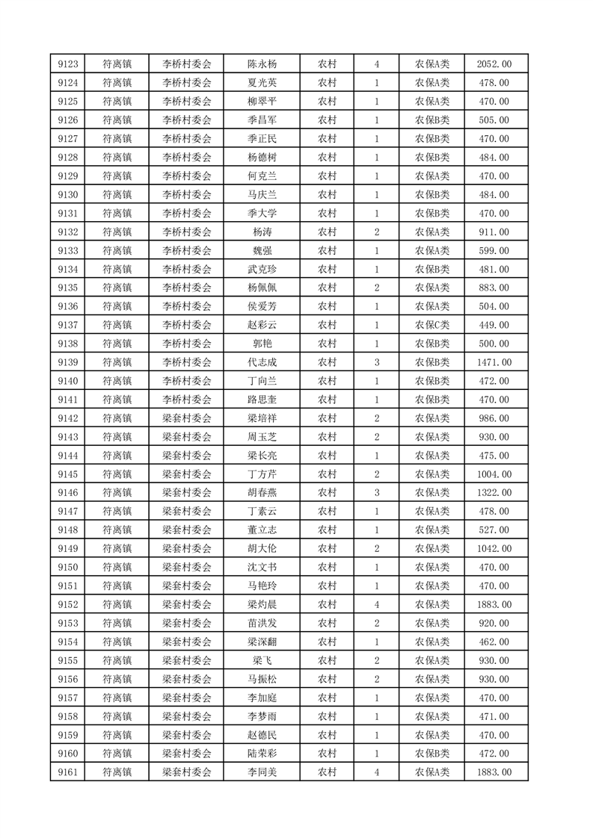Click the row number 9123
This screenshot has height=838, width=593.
pyautogui.click(x=67, y=64)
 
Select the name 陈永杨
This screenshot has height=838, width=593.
pyautogui.click(x=262, y=64)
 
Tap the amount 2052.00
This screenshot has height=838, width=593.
pyautogui.click(x=494, y=64)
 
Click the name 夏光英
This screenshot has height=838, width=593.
pyautogui.click(x=262, y=83)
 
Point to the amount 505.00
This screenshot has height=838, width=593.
pyautogui.click(x=494, y=120)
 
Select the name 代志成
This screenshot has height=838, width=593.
pyautogui.click(x=262, y=362)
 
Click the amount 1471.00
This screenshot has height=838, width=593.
pyautogui.click(x=494, y=362)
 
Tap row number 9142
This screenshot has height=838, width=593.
pyautogui.click(x=67, y=418)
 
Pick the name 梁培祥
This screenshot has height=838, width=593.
pyautogui.click(x=262, y=418)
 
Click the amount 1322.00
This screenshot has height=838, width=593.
pyautogui.click(x=494, y=493)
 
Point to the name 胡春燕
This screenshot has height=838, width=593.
pyautogui.click(x=262, y=493)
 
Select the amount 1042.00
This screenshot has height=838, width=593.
pyautogui.click(x=494, y=549)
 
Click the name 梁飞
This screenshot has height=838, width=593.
pyautogui.click(x=262, y=660)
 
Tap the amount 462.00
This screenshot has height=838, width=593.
pyautogui.click(x=494, y=642)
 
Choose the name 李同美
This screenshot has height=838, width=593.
pyautogui.click(x=262, y=772)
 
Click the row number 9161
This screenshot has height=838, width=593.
pyautogui.click(x=67, y=772)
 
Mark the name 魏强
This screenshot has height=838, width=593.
pyautogui.click(x=262, y=251)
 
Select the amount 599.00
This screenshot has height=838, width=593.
pyautogui.click(x=494, y=251)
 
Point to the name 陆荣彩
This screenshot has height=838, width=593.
pyautogui.click(x=262, y=754)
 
